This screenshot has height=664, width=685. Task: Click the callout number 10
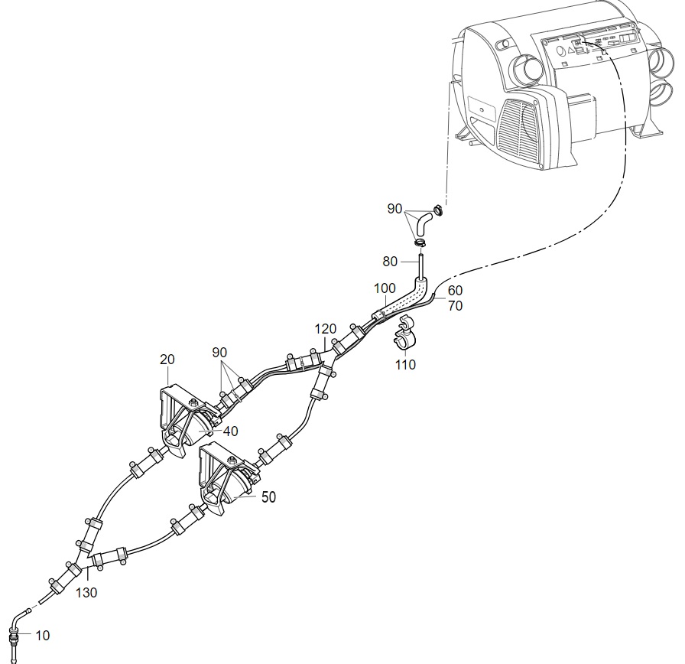pyautogui.click(x=42, y=635)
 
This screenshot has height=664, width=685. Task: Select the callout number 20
pyautogui.click(x=167, y=360)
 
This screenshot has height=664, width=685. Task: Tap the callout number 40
pyautogui.click(x=231, y=431)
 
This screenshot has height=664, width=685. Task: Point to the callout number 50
pyautogui.click(x=268, y=497)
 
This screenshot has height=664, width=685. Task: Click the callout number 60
pyautogui.click(x=455, y=290)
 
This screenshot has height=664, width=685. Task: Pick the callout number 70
pyautogui.click(x=455, y=305)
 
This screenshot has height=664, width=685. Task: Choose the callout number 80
pyautogui.click(x=390, y=262)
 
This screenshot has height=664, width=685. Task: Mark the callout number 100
pyautogui.click(x=385, y=288)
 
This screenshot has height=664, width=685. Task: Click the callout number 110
pyautogui.click(x=405, y=365)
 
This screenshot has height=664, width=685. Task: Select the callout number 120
pyautogui.click(x=326, y=329)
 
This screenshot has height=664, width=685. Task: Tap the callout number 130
pyautogui.click(x=86, y=593)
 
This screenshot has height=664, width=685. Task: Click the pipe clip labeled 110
pyautogui.click(x=405, y=332)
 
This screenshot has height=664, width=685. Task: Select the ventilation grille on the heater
pyautogui.click(x=518, y=129)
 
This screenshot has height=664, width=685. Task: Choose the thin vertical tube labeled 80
pyautogui.click(x=421, y=265)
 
